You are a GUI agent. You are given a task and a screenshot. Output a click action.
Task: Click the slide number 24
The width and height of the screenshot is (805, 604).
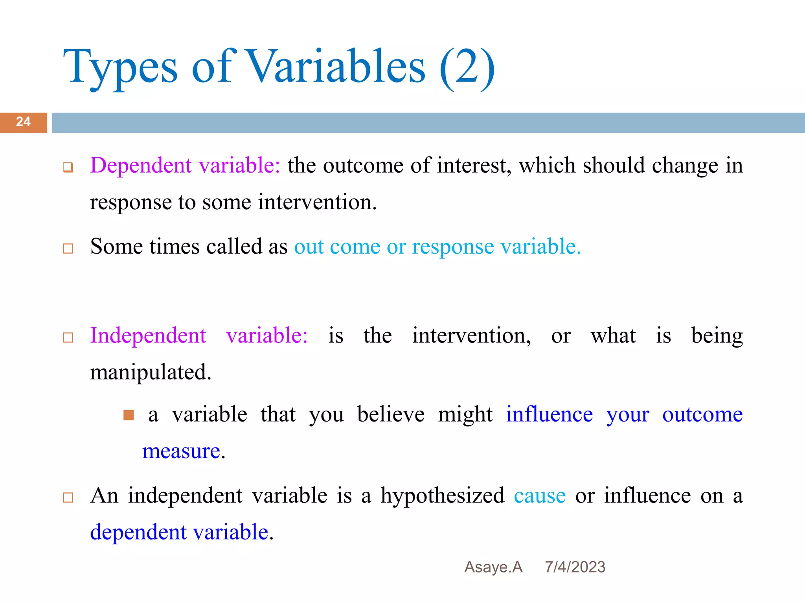click(23, 122)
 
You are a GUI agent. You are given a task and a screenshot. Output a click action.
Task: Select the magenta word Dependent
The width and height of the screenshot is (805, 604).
click(141, 165)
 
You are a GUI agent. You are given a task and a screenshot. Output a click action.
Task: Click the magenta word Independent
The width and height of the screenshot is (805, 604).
click(148, 335)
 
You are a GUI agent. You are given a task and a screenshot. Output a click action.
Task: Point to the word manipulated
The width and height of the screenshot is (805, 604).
click(150, 372)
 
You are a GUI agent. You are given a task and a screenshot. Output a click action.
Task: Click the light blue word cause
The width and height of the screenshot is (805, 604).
click(540, 495)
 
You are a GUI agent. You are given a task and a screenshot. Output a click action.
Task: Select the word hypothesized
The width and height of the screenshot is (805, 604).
click(442, 495)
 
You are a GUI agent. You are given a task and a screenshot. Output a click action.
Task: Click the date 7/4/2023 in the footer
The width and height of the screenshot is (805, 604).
click(575, 567)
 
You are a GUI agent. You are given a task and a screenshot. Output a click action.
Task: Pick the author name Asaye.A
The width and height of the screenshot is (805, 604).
click(493, 567)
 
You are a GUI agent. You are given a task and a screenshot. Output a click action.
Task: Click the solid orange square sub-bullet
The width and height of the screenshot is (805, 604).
click(129, 415)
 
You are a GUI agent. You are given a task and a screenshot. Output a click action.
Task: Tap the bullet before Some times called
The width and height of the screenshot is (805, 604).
click(68, 249)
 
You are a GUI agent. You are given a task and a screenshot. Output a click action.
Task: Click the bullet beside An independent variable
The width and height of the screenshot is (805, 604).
click(68, 497)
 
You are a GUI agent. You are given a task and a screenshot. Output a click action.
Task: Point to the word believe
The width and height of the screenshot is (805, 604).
click(391, 414)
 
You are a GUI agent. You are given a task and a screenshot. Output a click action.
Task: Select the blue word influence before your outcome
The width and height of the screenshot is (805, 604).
click(549, 414)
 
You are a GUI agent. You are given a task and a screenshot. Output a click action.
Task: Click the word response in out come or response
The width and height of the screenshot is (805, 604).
click(452, 247)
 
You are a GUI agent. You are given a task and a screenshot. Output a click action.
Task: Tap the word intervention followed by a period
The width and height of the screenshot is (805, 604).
click(317, 202)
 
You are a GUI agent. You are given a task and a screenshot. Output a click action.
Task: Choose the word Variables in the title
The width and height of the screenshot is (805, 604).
click(336, 67)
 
